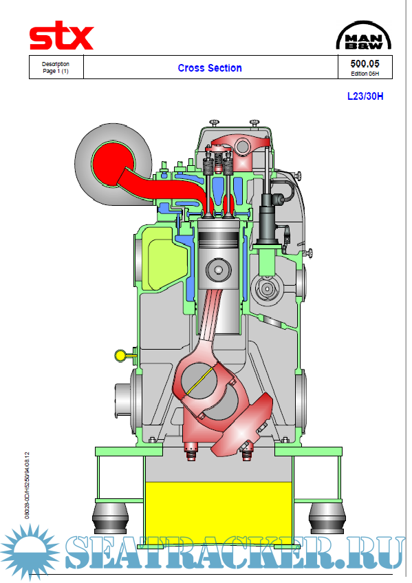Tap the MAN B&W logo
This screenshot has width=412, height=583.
click(x=364, y=35)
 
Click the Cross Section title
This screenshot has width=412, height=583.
click(x=210, y=68)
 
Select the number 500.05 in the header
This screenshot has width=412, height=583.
click(x=365, y=63)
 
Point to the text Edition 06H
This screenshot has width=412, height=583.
click(x=365, y=74)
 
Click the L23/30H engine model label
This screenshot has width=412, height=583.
click(x=365, y=96)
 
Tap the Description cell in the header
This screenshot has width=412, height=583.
click(x=56, y=67)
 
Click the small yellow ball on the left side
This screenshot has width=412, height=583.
click(x=121, y=355)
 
